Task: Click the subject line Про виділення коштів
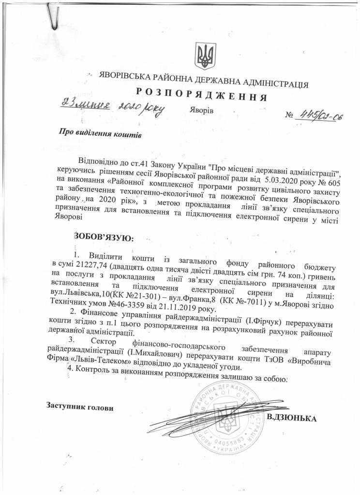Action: pyautogui.click(x=100, y=132)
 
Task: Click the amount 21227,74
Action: pyautogui.click(x=92, y=265)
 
